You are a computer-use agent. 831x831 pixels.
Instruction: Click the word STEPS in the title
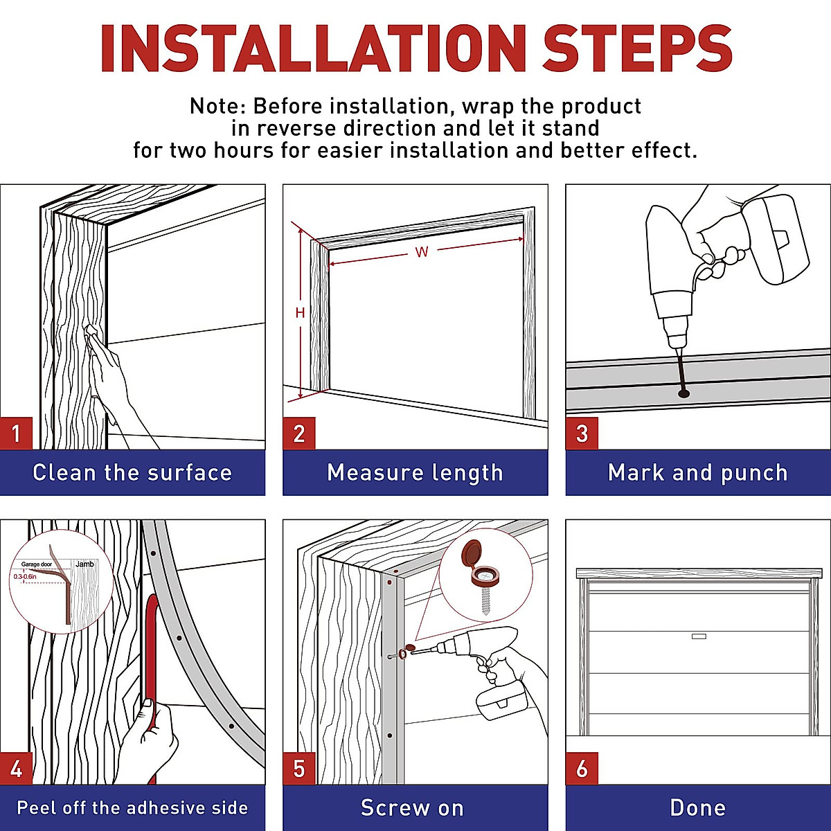[636, 48]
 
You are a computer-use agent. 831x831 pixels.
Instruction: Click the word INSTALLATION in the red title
[313, 48]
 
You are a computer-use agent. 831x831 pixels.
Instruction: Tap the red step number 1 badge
[16, 434]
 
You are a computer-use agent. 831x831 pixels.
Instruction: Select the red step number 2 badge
[299, 434]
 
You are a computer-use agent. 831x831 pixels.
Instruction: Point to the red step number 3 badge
[582, 434]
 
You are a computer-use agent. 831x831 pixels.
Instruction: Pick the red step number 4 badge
[16, 769]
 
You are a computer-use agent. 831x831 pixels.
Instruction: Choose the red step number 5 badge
[299, 769]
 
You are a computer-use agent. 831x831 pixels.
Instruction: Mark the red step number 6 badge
[582, 769]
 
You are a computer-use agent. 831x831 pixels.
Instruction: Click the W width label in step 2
[421, 252]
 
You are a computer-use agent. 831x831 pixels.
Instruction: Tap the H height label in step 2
[300, 312]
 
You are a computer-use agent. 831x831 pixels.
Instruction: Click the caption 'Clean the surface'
[132, 472]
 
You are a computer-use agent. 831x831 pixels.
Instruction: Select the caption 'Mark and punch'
[698, 473]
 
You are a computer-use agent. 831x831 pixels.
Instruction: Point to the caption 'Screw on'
[412, 807]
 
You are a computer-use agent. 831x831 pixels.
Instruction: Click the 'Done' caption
[698, 807]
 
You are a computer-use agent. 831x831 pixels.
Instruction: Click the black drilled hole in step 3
[684, 393]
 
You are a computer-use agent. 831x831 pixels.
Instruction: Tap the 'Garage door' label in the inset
[37, 564]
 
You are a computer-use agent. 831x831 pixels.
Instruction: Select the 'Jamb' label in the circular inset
[84, 564]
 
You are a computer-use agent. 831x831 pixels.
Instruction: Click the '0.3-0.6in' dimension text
[25, 577]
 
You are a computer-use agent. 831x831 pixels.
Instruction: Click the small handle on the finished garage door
[699, 636]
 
